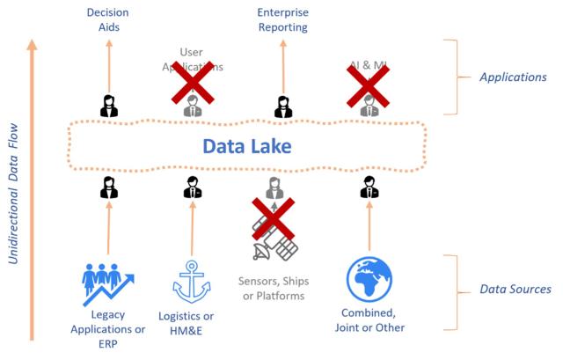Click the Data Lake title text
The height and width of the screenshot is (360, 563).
[x=246, y=145]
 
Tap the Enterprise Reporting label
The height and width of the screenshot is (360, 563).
[x=282, y=19]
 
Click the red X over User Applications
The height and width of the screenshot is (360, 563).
[x=192, y=84]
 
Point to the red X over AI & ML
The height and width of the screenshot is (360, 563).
[x=368, y=84]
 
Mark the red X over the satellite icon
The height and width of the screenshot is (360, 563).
[x=274, y=219]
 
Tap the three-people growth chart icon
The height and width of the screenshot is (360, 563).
[x=106, y=281]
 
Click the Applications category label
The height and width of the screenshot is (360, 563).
[x=513, y=77]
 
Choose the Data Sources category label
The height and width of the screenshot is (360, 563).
[x=515, y=289]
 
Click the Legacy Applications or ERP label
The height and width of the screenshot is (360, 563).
[x=106, y=328]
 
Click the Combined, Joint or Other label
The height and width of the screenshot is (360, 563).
[x=369, y=320]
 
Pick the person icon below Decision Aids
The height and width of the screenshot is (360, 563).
[x=109, y=106]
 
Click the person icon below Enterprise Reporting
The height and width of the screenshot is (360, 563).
[x=282, y=106]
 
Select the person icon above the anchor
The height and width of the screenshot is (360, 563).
[x=193, y=187]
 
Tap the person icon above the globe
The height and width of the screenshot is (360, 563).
[x=369, y=187]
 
